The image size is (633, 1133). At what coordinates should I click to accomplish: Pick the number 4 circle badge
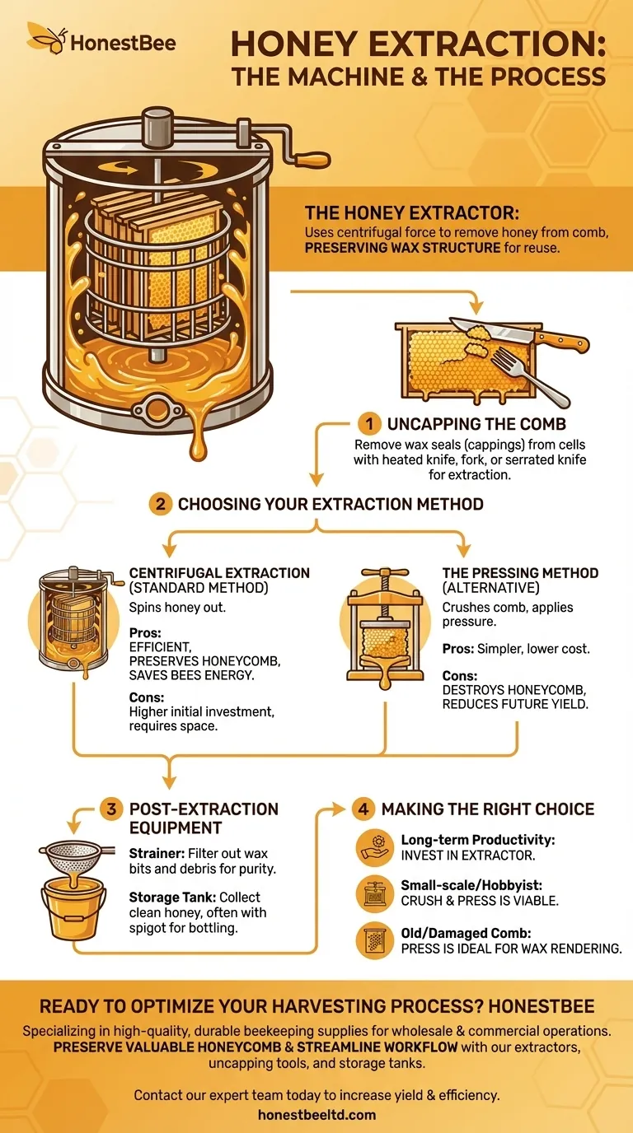(x=363, y=809)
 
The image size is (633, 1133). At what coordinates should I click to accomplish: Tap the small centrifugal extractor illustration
(x=72, y=618)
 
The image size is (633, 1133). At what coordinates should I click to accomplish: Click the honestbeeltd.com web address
(x=316, y=1115)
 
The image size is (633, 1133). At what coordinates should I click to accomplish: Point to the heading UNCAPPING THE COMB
(x=476, y=425)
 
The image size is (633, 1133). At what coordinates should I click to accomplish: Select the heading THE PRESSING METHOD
(x=520, y=573)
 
